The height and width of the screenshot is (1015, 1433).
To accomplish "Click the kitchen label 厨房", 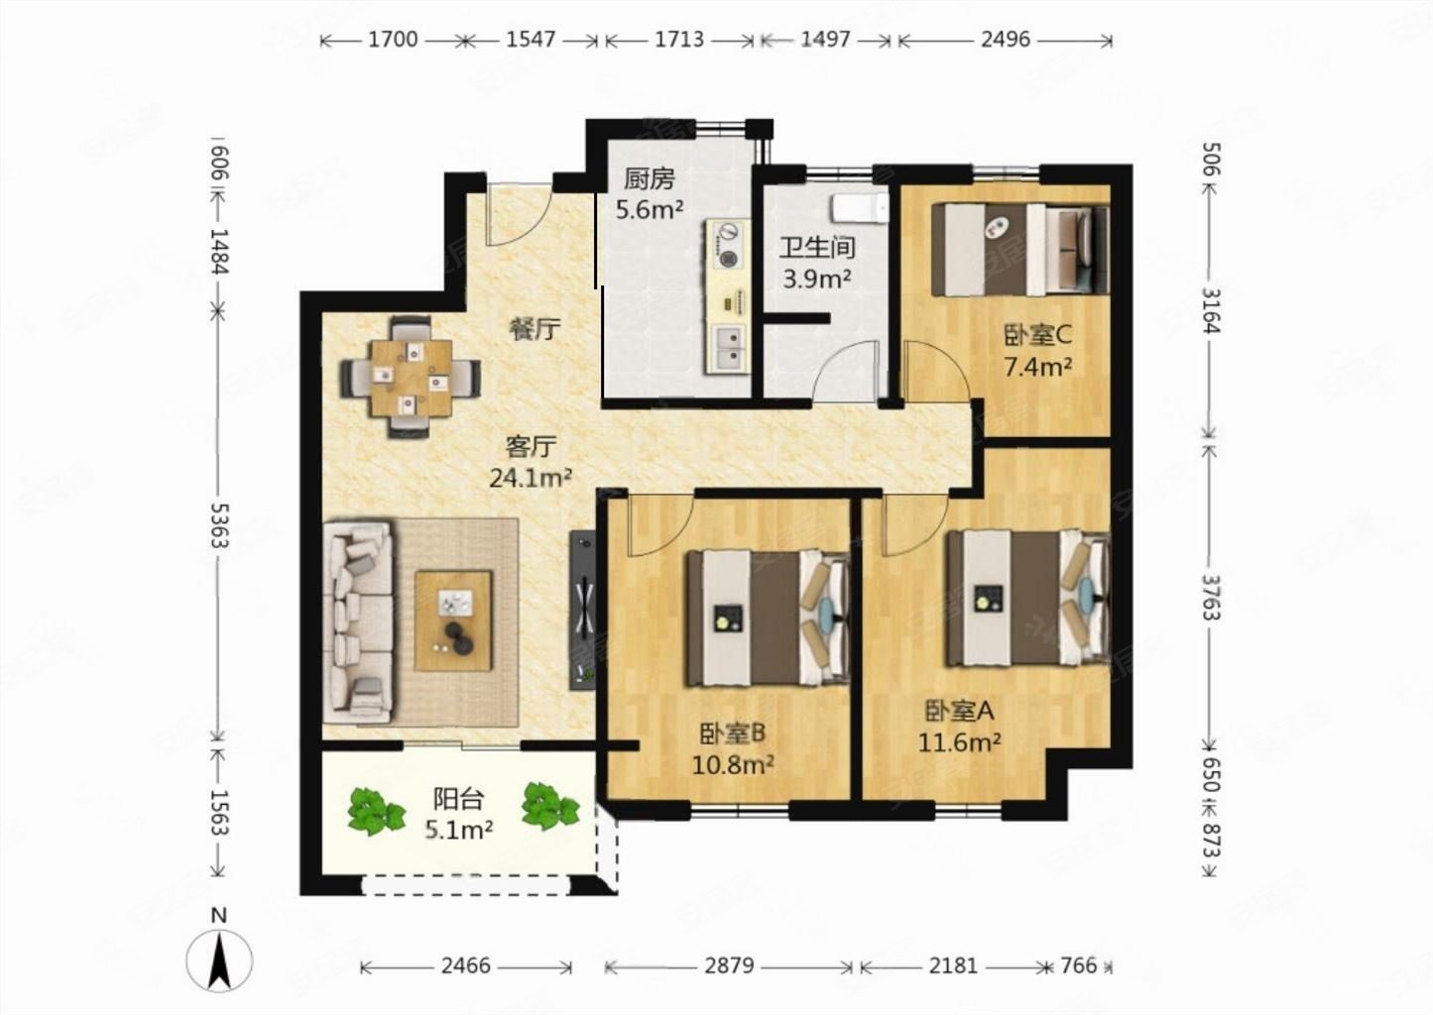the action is (x=649, y=179).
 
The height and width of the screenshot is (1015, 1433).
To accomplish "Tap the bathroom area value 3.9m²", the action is (x=817, y=279).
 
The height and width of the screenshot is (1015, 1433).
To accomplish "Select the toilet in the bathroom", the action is (x=859, y=208).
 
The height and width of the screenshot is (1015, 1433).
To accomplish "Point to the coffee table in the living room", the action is (x=453, y=620).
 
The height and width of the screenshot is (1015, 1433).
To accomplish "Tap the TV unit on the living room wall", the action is (x=582, y=609).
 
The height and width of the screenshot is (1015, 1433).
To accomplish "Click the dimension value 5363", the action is (x=219, y=525).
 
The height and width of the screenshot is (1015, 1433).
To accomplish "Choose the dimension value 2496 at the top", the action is (x=1005, y=40).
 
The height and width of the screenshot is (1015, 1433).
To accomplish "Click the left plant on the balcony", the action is (x=376, y=811).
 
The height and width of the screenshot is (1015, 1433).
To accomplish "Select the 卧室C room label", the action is (x=1037, y=335).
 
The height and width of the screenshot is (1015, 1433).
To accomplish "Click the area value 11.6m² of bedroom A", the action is (x=960, y=742).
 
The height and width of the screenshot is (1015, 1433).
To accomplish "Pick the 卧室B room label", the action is (x=732, y=733).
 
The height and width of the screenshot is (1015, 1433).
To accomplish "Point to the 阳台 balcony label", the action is (x=458, y=799).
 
